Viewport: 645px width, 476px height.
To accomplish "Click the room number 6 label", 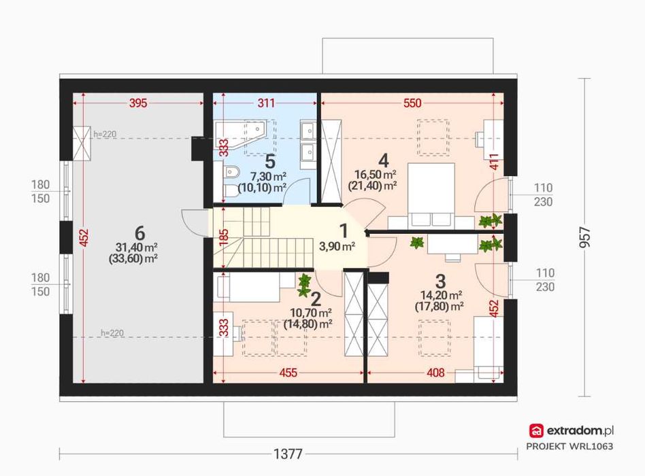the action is [140, 233].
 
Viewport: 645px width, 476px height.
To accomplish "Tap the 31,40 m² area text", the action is [137, 247].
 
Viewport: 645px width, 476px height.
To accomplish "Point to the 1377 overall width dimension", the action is [288, 454].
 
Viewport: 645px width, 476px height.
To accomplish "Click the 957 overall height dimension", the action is [584, 237].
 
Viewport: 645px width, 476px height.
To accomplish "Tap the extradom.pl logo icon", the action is [536, 431].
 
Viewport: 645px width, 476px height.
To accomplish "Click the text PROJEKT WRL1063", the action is [569, 446].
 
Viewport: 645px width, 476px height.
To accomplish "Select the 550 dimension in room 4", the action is [412, 103].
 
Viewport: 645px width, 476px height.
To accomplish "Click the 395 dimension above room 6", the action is [138, 103].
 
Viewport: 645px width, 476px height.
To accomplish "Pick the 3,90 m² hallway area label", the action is [337, 246].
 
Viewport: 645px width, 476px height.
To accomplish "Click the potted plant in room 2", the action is [304, 286].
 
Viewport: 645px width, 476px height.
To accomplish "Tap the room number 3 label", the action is [441, 282].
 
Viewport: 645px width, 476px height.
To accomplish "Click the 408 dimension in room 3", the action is [435, 373].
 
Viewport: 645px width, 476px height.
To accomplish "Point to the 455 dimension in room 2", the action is [288, 373].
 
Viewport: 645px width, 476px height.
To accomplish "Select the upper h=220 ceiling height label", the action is [105, 134].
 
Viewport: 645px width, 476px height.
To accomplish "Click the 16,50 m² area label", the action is [376, 175].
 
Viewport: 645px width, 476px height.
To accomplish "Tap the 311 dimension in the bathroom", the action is [266, 103].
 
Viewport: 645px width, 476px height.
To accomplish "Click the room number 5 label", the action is [270, 162].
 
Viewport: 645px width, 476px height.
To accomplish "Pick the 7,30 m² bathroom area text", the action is [269, 177].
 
